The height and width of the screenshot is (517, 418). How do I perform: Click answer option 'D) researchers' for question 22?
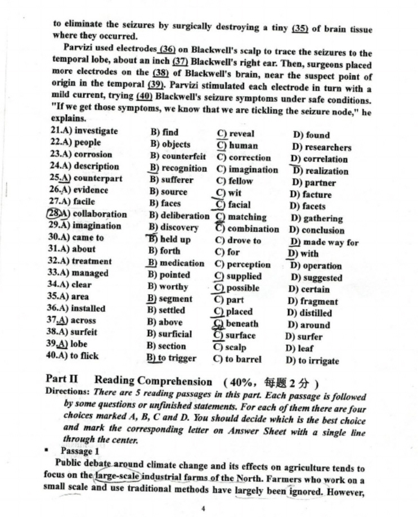(x=320, y=147)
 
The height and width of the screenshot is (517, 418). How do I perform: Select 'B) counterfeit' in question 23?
(x=177, y=157)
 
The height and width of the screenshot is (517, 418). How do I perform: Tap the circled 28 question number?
(x=55, y=214)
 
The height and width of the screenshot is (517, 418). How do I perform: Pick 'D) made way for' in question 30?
(x=323, y=242)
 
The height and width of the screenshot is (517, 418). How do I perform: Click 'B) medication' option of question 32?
(x=176, y=263)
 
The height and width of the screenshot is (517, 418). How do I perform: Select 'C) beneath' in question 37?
(x=236, y=323)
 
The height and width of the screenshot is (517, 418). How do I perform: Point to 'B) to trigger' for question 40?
(x=172, y=358)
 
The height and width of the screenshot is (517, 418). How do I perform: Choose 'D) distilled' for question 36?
(x=309, y=313)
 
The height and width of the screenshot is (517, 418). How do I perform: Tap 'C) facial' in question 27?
(x=233, y=205)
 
